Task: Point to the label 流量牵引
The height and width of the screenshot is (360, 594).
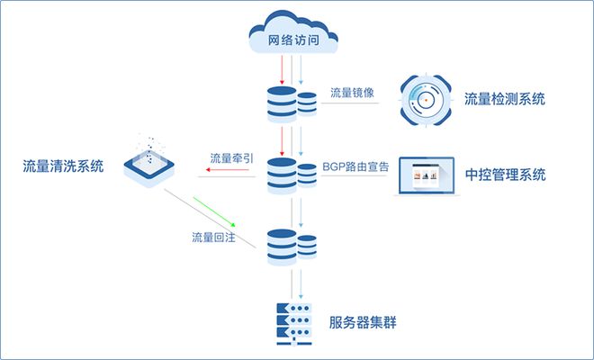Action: pos(231,158)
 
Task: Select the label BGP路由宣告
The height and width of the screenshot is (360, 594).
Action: pos(356,167)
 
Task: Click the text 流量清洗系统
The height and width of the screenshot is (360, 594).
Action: pos(63,166)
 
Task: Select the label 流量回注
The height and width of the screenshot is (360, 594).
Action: pos(212,238)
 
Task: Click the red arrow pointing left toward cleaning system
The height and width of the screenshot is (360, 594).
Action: pos(225,176)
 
